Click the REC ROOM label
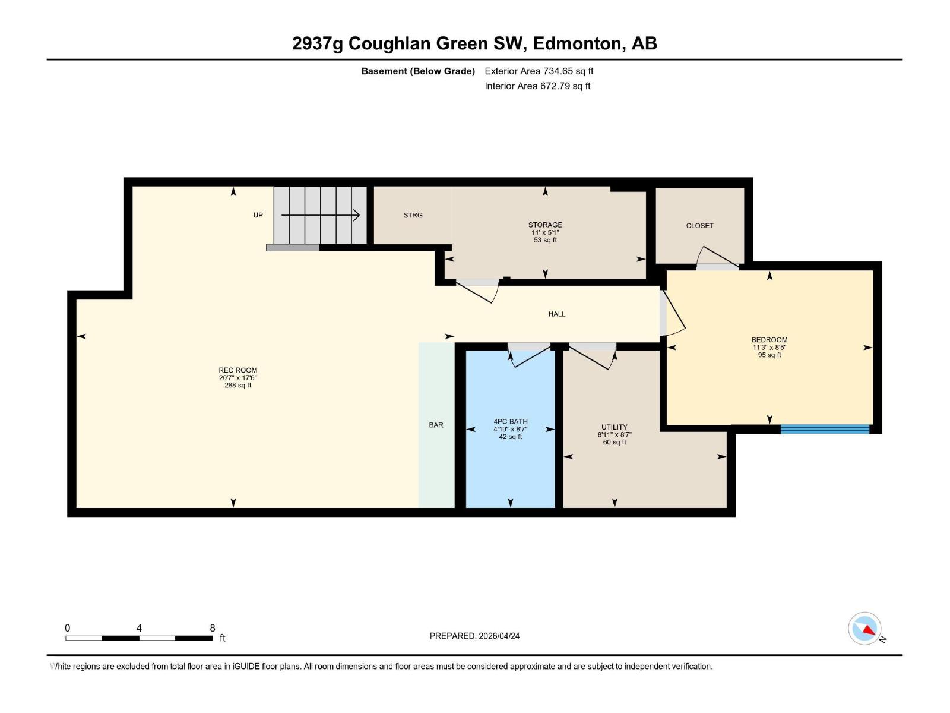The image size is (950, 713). [x=237, y=370]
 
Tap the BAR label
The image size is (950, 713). [x=436, y=425]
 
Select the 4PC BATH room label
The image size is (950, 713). [x=510, y=422]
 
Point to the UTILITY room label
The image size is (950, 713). [x=614, y=427]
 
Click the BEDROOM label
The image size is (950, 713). [x=769, y=340]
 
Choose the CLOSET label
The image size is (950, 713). [x=699, y=226]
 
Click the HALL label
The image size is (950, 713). [x=556, y=314]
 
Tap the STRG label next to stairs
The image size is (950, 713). [x=413, y=216]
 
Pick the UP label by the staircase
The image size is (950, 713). [x=258, y=216]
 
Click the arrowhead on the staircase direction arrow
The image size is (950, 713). [x=357, y=215]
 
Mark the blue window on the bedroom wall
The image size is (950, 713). [x=825, y=429]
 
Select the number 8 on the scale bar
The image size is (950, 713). [x=212, y=628]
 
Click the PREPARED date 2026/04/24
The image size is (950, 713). [x=498, y=636]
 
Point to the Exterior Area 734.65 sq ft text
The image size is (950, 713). [x=539, y=71]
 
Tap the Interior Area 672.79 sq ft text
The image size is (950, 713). [x=537, y=86]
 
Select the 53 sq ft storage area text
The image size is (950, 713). [x=545, y=241]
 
